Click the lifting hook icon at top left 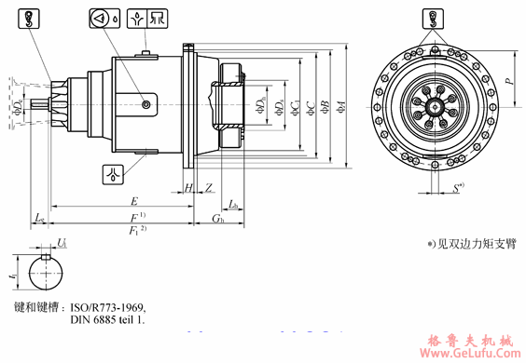pyautogui.click(x=29, y=17)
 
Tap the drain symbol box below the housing pyautogui.click(x=113, y=172)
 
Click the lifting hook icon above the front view pyautogui.click(x=431, y=17)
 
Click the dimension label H pyautogui.click(x=189, y=189)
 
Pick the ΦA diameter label pyautogui.click(x=342, y=107)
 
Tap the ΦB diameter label pyautogui.click(x=324, y=107)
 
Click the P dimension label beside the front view pyautogui.click(x=509, y=81)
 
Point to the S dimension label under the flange pyautogui.click(x=456, y=189)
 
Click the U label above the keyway pyautogui.click(x=62, y=243)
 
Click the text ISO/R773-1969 pyautogui.click(x=109, y=306)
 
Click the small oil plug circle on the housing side pyautogui.click(x=147, y=107)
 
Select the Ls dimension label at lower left pyautogui.click(x=39, y=218)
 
